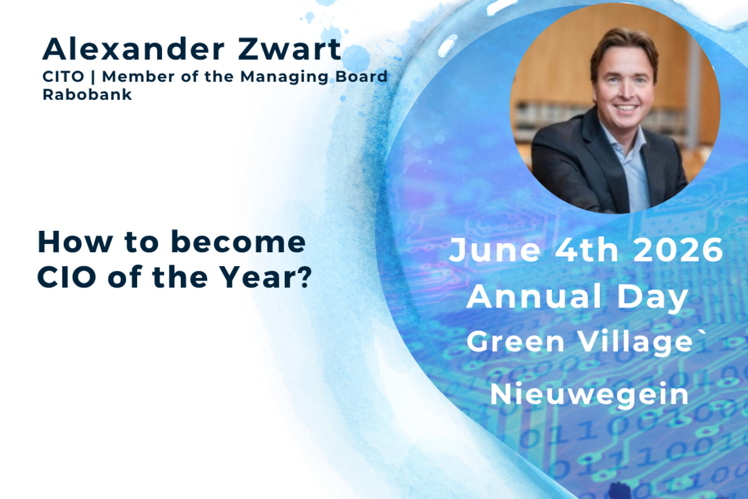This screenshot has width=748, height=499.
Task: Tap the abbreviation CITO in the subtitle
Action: point(63,77)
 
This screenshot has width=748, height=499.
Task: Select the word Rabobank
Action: point(87,94)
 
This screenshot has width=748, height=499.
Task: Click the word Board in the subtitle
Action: point(361,77)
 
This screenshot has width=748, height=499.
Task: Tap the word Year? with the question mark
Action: point(266,277)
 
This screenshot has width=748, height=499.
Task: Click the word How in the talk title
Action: point(75,243)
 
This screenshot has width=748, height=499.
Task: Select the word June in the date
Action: point(495,250)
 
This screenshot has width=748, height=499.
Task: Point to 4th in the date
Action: point(586,250)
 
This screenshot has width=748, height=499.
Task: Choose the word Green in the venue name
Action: point(516,342)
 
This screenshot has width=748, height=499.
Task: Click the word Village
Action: point(636,342)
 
